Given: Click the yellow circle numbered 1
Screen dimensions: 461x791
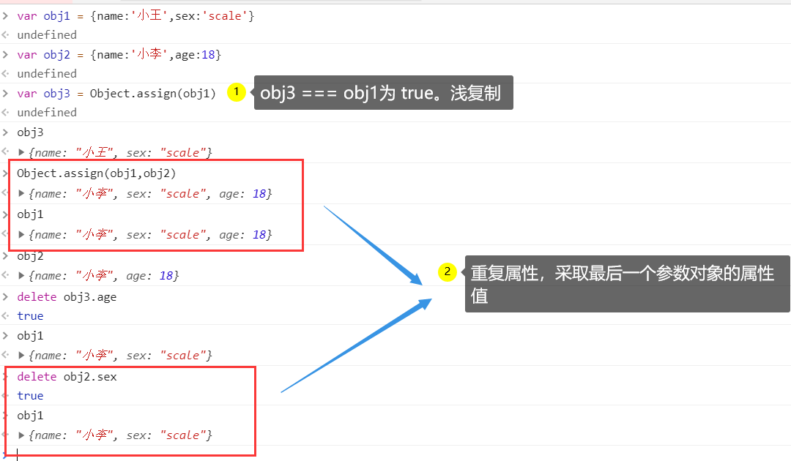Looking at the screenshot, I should click(x=236, y=92).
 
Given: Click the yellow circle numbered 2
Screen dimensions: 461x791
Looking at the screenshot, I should click(x=447, y=272).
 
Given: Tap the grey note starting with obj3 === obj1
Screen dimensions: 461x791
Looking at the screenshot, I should click(x=383, y=93).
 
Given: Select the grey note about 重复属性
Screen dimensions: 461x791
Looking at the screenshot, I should click(x=627, y=284).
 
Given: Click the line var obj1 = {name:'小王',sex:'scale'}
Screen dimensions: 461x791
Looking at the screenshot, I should click(x=135, y=15).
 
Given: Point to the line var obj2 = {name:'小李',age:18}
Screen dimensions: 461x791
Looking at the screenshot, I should click(x=119, y=54).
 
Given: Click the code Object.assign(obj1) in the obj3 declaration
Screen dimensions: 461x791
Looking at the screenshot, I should click(x=153, y=93).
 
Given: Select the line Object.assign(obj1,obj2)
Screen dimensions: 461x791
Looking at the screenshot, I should click(x=97, y=173).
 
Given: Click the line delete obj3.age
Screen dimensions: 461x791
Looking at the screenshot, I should click(x=67, y=296).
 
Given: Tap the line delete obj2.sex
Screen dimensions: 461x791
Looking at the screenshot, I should click(x=67, y=376).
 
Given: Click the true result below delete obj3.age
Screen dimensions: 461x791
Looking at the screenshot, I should click(x=30, y=316).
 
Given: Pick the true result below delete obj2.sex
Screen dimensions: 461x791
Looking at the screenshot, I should click(x=30, y=396).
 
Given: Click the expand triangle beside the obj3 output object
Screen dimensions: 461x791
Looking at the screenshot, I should click(x=21, y=152).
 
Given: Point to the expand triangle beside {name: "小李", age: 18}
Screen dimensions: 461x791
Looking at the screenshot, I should click(x=21, y=275).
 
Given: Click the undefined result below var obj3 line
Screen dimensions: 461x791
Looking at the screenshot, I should click(x=47, y=113).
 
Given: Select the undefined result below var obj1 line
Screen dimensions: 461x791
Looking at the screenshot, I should click(x=47, y=35).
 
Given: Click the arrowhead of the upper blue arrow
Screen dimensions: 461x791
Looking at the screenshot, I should click(x=419, y=282).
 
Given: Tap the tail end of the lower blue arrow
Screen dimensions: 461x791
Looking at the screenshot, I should click(x=283, y=392).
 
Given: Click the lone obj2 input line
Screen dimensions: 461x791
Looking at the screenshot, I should click(x=30, y=256).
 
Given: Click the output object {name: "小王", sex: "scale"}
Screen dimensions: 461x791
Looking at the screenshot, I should click(x=120, y=153).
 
